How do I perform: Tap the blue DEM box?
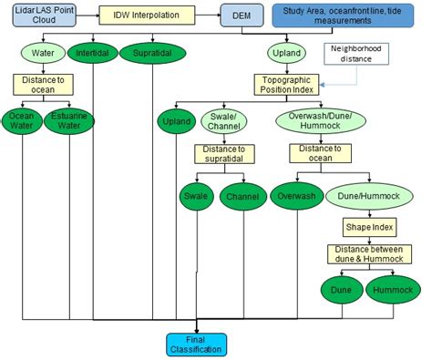(241, 15)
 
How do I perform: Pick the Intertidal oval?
(94, 53)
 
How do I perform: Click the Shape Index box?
(365, 225)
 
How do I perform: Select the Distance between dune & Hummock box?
(365, 255)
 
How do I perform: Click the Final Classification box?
(196, 344)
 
